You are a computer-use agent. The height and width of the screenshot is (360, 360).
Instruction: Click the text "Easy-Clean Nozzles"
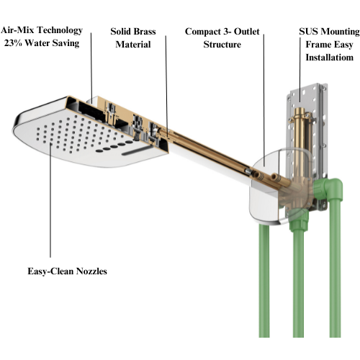(67, 271)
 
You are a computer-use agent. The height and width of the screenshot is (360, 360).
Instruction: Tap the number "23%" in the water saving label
(13, 43)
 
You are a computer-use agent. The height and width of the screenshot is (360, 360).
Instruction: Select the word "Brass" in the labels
(145, 32)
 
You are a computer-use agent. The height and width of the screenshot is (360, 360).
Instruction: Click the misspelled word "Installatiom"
(329, 58)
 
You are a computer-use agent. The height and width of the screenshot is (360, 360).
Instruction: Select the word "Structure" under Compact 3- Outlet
(222, 45)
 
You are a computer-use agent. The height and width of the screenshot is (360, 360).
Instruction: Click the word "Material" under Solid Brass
(133, 45)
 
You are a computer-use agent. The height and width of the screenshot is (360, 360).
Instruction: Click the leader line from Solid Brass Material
(166, 86)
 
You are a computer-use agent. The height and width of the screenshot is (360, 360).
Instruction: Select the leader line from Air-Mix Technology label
(91, 68)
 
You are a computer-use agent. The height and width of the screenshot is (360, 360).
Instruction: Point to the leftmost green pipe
(264, 281)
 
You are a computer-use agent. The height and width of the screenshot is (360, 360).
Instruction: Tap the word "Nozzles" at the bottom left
(91, 271)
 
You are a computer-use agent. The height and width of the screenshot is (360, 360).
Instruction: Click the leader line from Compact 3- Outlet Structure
(264, 100)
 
